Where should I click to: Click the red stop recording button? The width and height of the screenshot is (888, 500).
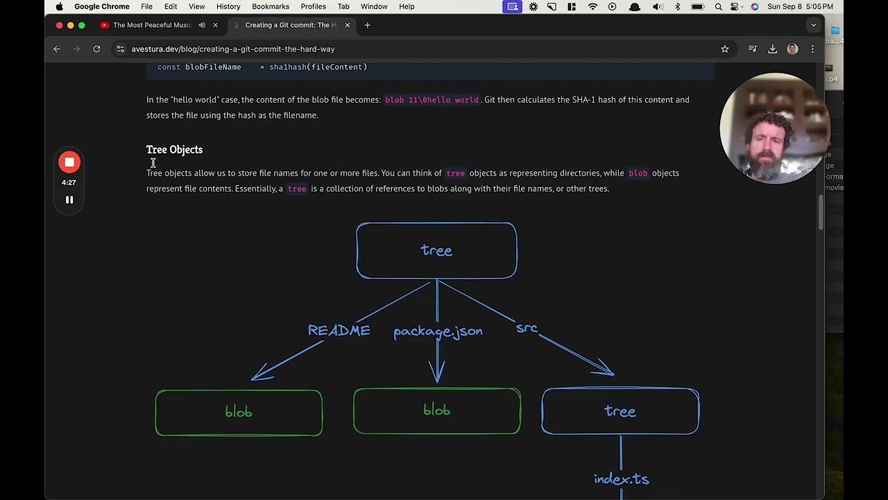pyautogui.click(x=69, y=162)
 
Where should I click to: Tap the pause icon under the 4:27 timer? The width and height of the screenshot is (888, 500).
pyautogui.click(x=69, y=200)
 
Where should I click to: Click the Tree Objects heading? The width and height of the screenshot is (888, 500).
pyautogui.click(x=174, y=149)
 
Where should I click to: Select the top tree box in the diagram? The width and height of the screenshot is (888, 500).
pyautogui.click(x=436, y=251)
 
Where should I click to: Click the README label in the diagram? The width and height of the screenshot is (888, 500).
pyautogui.click(x=339, y=331)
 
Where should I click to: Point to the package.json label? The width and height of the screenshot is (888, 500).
pyautogui.click(x=438, y=331)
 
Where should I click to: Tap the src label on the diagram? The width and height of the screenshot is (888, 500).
pyautogui.click(x=527, y=328)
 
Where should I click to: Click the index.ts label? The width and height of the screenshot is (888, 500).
pyautogui.click(x=621, y=479)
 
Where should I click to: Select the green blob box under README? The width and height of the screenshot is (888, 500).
pyautogui.click(x=239, y=412)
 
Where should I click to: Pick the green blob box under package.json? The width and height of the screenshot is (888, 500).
pyautogui.click(x=437, y=411)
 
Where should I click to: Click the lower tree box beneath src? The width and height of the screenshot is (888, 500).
pyautogui.click(x=620, y=411)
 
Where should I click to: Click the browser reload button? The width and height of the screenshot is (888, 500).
pyautogui.click(x=96, y=49)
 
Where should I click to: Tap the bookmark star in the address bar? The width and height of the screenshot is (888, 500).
pyautogui.click(x=724, y=49)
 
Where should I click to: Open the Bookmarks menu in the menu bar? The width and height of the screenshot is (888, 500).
pyautogui.click(x=271, y=7)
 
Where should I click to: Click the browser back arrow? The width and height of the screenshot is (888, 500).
pyautogui.click(x=57, y=49)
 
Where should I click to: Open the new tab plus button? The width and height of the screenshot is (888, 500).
pyautogui.click(x=367, y=25)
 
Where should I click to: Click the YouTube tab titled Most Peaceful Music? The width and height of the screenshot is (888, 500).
pyautogui.click(x=151, y=25)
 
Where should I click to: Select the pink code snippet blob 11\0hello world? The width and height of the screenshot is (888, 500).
pyautogui.click(x=432, y=100)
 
